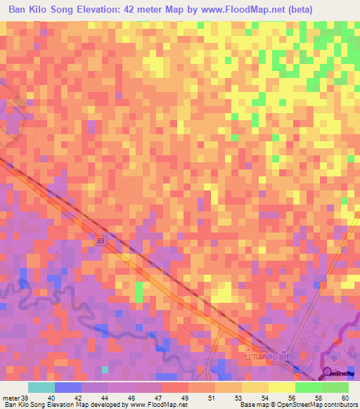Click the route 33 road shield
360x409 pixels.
[101, 240]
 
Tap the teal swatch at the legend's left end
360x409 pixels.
[41, 387]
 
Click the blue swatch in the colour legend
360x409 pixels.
[68, 387]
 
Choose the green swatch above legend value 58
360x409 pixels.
[309, 387]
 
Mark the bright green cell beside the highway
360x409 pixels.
[139, 291]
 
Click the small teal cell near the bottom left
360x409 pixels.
[105, 369]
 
